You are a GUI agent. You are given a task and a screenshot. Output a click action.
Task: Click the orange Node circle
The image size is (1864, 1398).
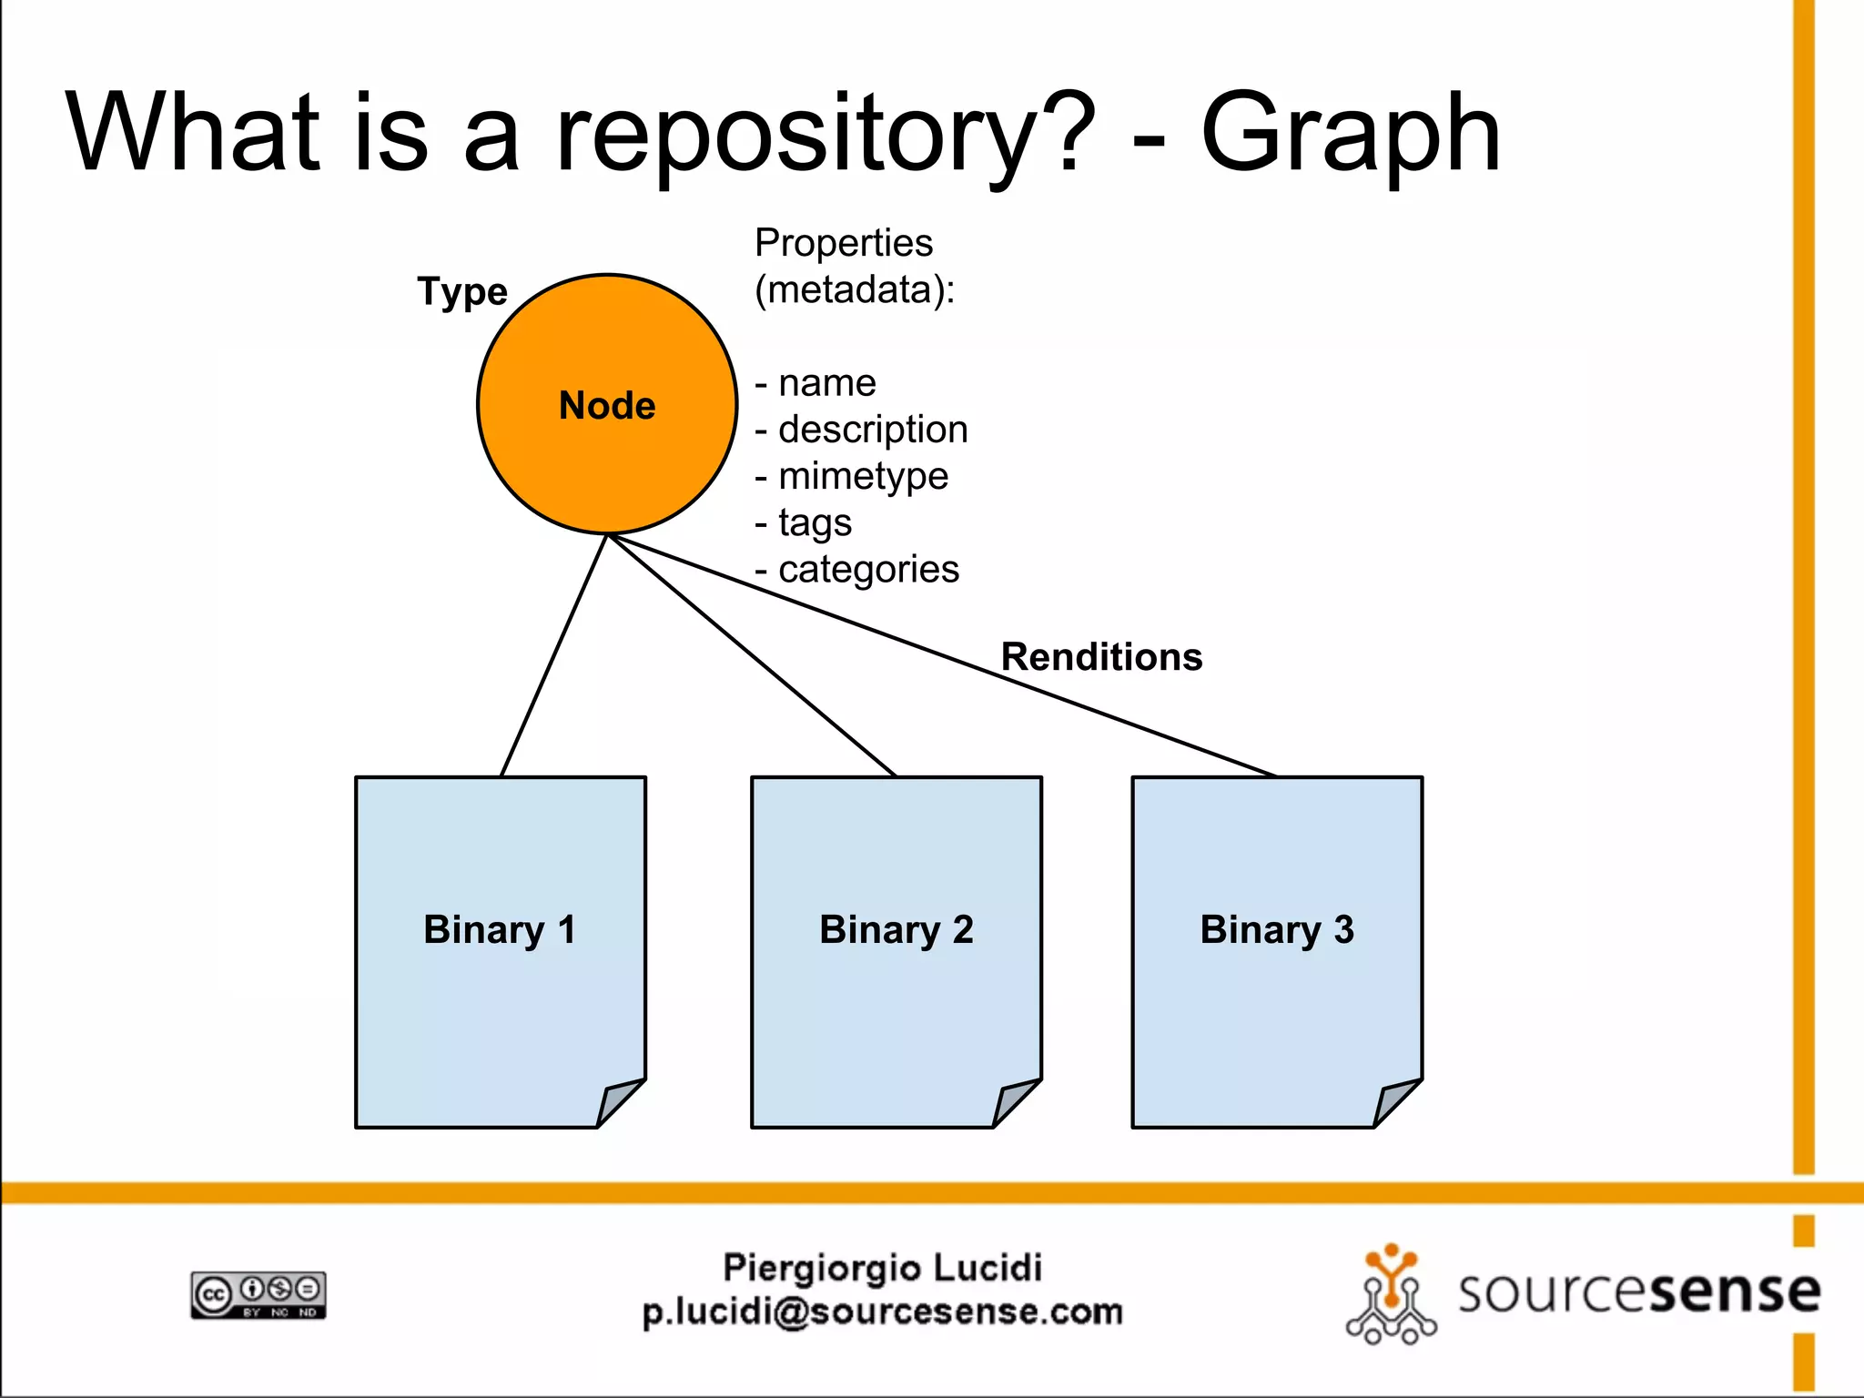point(607,404)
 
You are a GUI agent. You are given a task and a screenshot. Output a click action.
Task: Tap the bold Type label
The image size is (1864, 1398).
point(461,291)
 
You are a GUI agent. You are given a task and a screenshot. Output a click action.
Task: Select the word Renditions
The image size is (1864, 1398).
point(1101,656)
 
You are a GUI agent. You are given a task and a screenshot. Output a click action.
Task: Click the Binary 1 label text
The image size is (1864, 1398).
point(500,929)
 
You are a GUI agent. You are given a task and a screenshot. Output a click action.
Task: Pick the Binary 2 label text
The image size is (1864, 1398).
point(896,929)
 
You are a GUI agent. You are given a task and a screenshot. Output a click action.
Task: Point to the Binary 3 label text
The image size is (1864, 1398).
point(1276,929)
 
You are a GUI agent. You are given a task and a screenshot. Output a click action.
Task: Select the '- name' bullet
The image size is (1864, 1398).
point(816,382)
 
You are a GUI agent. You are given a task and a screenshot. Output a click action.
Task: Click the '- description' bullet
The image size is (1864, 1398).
point(862,429)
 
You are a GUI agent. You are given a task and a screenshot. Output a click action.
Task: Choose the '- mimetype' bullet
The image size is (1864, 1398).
point(852,476)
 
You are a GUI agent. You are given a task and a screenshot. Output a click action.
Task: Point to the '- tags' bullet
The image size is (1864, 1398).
point(804,522)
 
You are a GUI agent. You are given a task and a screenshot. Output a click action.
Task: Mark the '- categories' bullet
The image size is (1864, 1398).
point(857,570)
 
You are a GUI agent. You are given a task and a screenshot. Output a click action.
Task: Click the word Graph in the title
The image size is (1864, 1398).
point(1351,134)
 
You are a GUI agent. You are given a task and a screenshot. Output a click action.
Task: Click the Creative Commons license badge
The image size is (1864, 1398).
point(258,1294)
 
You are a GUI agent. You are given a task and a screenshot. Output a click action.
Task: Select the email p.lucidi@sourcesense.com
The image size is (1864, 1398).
point(882,1312)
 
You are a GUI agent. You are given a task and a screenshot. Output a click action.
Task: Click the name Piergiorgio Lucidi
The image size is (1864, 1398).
point(882,1267)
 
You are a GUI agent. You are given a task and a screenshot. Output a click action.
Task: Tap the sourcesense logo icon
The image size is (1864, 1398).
point(1391,1294)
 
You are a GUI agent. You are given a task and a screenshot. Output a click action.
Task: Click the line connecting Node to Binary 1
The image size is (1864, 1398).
point(553,655)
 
